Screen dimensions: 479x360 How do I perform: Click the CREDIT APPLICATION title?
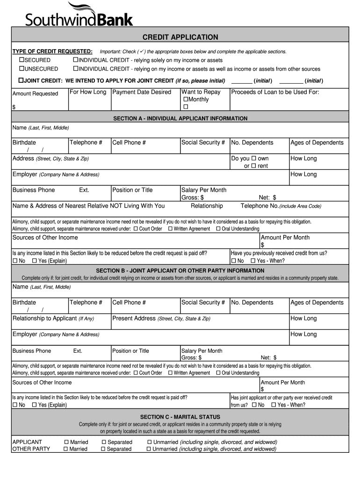pyautogui.click(x=180, y=37)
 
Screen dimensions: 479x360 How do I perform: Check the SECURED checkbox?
pyautogui.click(x=21, y=60)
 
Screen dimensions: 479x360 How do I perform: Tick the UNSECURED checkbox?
pyautogui.click(x=21, y=69)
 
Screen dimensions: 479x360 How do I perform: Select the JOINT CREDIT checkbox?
pyautogui.click(x=21, y=80)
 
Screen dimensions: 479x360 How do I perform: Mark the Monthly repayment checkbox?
pyautogui.click(x=186, y=100)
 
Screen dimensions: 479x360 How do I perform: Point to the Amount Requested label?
pyautogui.click(x=35, y=94)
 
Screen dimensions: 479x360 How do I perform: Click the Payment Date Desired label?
pyautogui.click(x=142, y=92)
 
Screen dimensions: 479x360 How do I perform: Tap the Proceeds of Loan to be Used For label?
pyautogui.click(x=275, y=92)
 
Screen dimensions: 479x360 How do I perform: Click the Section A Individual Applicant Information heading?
pyautogui.click(x=180, y=118)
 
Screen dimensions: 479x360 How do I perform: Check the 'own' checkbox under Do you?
pyautogui.click(x=254, y=159)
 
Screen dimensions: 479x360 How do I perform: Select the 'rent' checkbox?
pyautogui.click(x=254, y=166)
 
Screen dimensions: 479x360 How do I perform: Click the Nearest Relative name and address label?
pyautogui.click(x=88, y=206)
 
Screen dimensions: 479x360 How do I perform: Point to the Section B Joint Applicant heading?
pyautogui.click(x=180, y=270)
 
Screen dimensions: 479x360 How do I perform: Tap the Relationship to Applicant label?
pyautogui.click(x=53, y=319)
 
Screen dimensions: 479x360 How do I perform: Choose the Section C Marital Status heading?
pyautogui.click(x=180, y=417)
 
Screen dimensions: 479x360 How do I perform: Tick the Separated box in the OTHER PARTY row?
pyautogui.click(x=104, y=450)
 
